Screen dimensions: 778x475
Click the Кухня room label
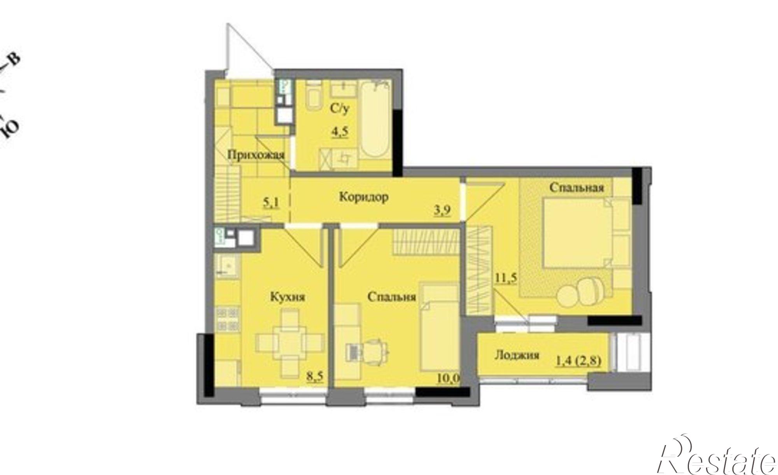click(x=287, y=297)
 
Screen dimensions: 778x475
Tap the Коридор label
click(x=364, y=197)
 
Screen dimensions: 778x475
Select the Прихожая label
click(x=256, y=155)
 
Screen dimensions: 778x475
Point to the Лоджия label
click(x=517, y=355)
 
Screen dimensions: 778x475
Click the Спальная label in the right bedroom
click(x=576, y=188)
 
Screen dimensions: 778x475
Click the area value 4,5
click(x=340, y=132)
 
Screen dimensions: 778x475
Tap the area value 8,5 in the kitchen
click(x=315, y=377)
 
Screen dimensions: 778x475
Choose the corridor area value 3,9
click(x=442, y=211)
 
